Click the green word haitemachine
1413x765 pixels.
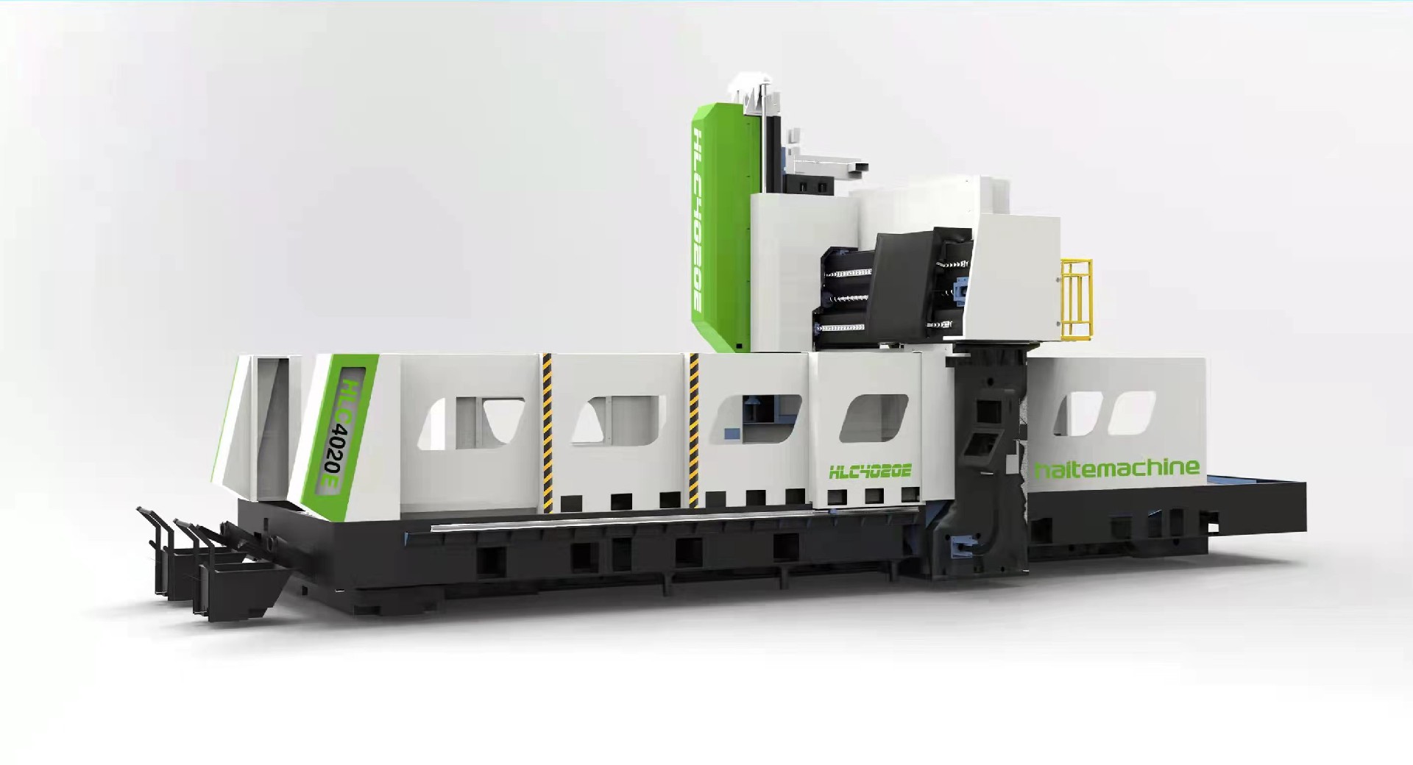tap(1116, 469)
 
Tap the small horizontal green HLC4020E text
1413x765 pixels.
tap(870, 472)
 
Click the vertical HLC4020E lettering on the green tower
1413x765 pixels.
tap(704, 221)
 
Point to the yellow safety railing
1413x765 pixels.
tap(1075, 298)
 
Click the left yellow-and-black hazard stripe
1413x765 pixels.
tap(547, 432)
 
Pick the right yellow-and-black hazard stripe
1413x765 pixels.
tap(693, 430)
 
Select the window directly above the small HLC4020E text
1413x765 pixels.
tap(874, 418)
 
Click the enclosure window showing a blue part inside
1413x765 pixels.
tap(759, 419)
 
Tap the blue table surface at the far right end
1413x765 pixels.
tap(1251, 483)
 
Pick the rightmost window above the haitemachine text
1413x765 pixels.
tap(1132, 413)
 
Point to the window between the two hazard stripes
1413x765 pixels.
tap(618, 421)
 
